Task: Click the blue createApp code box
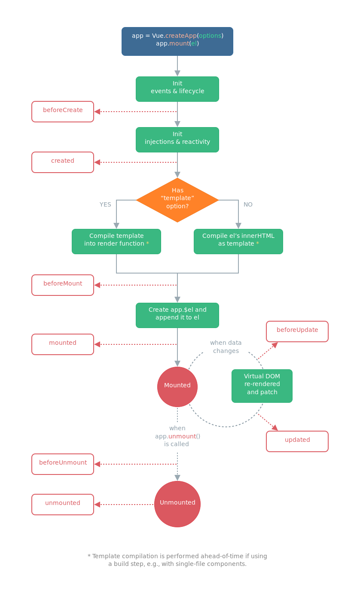[x=177, y=41]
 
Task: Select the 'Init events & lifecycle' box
[x=177, y=89]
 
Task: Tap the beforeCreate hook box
[x=63, y=112]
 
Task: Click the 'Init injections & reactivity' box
[x=177, y=140]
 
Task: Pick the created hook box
[x=63, y=162]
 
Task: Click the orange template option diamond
[x=177, y=200]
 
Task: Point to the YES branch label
[x=105, y=204]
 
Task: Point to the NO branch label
[x=248, y=204]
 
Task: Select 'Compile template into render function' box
[x=116, y=241]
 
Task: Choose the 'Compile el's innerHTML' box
[x=238, y=241]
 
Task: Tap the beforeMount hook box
[x=63, y=285]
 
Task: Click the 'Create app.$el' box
[x=177, y=315]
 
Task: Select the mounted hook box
[x=63, y=344]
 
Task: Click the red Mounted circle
[x=177, y=386]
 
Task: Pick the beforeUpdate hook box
[x=297, y=331]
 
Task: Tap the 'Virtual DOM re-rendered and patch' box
[x=262, y=386]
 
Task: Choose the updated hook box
[x=297, y=441]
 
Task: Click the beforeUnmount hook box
[x=63, y=464]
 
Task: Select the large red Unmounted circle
[x=177, y=504]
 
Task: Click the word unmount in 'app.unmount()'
[x=182, y=436]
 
